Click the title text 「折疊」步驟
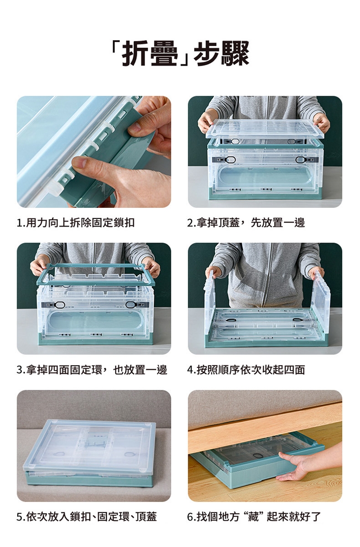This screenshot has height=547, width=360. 180,53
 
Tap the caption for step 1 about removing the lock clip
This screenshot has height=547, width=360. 76,222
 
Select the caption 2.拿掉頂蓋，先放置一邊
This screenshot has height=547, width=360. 246,222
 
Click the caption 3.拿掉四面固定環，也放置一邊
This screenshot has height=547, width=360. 92,370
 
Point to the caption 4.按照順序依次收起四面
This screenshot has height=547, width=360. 246,370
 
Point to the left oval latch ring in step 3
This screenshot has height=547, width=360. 60,304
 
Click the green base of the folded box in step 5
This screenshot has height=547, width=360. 89,479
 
